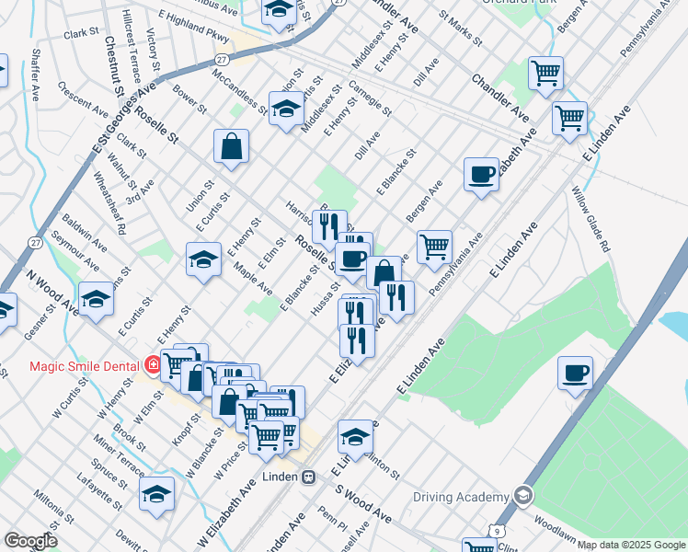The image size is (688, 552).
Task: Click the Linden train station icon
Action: point(310,477)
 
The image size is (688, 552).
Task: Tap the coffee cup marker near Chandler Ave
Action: point(480,174)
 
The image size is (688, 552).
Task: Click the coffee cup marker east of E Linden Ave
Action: point(576,373)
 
